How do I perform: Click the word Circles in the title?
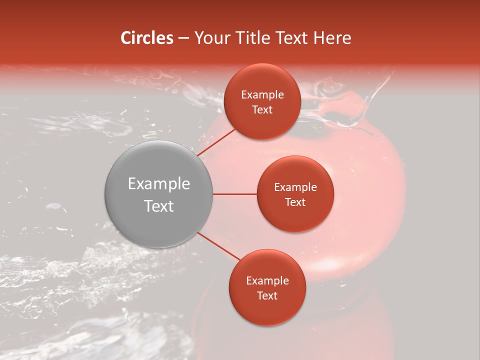click(147, 38)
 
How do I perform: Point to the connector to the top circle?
click(216, 142)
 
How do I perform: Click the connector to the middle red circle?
click(234, 194)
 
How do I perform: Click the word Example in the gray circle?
click(159, 184)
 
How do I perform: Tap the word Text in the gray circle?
click(159, 206)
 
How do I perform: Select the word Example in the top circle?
click(262, 95)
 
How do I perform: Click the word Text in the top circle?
click(262, 109)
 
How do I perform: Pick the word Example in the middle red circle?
click(295, 187)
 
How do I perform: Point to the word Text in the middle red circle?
click(295, 202)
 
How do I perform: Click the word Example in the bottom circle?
click(267, 281)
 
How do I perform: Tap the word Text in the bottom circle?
click(267, 295)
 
